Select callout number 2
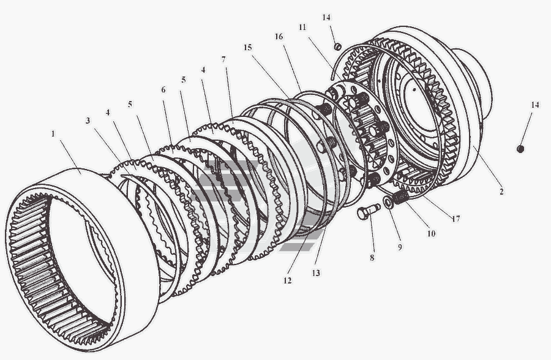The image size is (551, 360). tap(501, 192)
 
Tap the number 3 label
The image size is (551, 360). tap(88, 121)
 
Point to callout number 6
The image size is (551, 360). tap(163, 89)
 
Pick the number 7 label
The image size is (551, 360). tap(224, 59)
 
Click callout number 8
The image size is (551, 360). tap(372, 258)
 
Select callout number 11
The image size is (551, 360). tap(302, 28)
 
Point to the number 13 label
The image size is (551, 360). tap(317, 272)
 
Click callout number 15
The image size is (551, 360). tap(247, 47)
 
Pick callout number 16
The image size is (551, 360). tap(279, 37)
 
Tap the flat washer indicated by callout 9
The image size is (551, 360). tap(389, 202)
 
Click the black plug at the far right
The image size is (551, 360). tap(520, 148)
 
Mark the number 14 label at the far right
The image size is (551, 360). tap(535, 105)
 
